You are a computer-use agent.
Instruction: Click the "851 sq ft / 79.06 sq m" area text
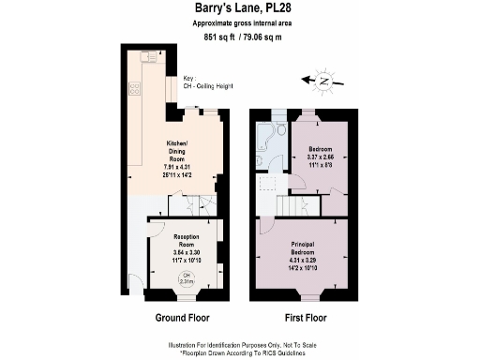(241, 37)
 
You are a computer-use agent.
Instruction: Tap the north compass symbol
(323, 81)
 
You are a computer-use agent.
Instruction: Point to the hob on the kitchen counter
(135, 90)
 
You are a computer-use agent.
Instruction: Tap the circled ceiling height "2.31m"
(187, 278)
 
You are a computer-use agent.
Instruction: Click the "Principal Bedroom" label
(308, 248)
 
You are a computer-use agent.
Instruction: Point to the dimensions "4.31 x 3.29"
(308, 262)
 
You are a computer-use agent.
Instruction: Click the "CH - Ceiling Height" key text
(206, 87)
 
